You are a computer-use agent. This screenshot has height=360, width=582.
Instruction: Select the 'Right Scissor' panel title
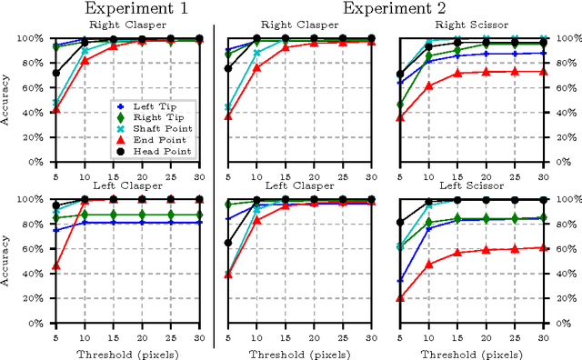click(x=474, y=26)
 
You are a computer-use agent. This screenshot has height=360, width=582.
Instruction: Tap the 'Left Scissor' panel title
click(x=474, y=186)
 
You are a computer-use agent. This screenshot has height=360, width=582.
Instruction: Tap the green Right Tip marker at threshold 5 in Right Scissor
click(x=401, y=105)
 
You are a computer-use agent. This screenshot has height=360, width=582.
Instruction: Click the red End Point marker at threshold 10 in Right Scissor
click(x=429, y=86)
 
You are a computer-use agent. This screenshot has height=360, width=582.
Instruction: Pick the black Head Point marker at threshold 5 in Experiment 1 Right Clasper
click(x=55, y=73)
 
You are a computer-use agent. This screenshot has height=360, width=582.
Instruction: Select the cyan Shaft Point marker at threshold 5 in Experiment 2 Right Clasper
click(x=228, y=107)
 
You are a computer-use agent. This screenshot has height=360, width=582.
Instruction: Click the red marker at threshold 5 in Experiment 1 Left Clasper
click(x=55, y=266)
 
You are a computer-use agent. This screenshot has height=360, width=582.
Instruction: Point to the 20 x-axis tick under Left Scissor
click(x=486, y=335)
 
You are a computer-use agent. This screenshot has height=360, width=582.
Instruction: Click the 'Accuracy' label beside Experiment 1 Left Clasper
click(x=10, y=261)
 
